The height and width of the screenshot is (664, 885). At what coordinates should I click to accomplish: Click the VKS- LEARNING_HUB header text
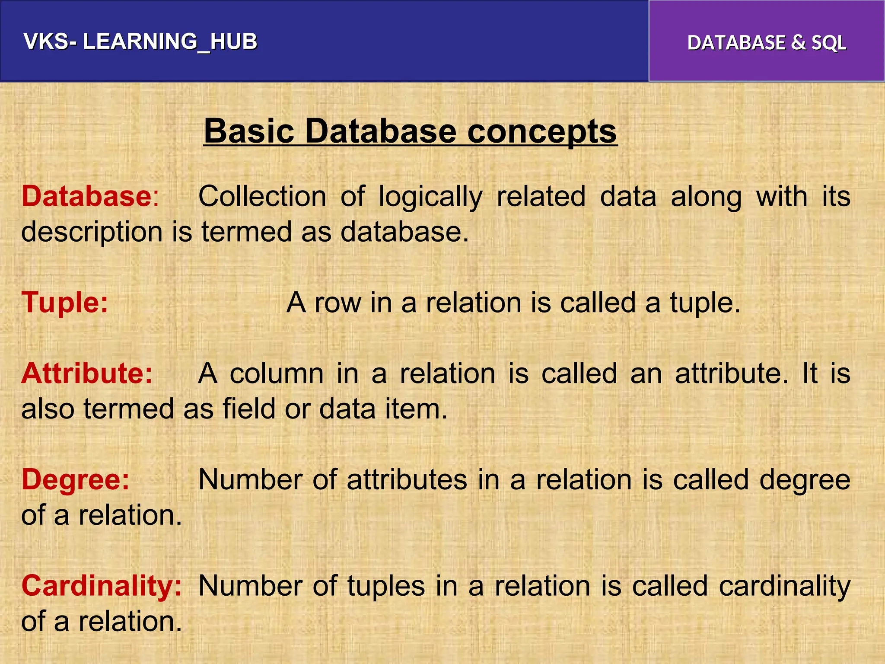(140, 41)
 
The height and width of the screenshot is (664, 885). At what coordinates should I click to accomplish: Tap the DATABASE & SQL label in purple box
(767, 42)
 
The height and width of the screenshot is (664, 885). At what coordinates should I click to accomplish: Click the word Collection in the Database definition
(262, 196)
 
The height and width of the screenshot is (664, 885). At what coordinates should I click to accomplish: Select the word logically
(430, 197)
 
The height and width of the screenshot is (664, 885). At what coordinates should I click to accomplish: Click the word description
(92, 232)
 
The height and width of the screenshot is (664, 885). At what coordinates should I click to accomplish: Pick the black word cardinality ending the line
(784, 586)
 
